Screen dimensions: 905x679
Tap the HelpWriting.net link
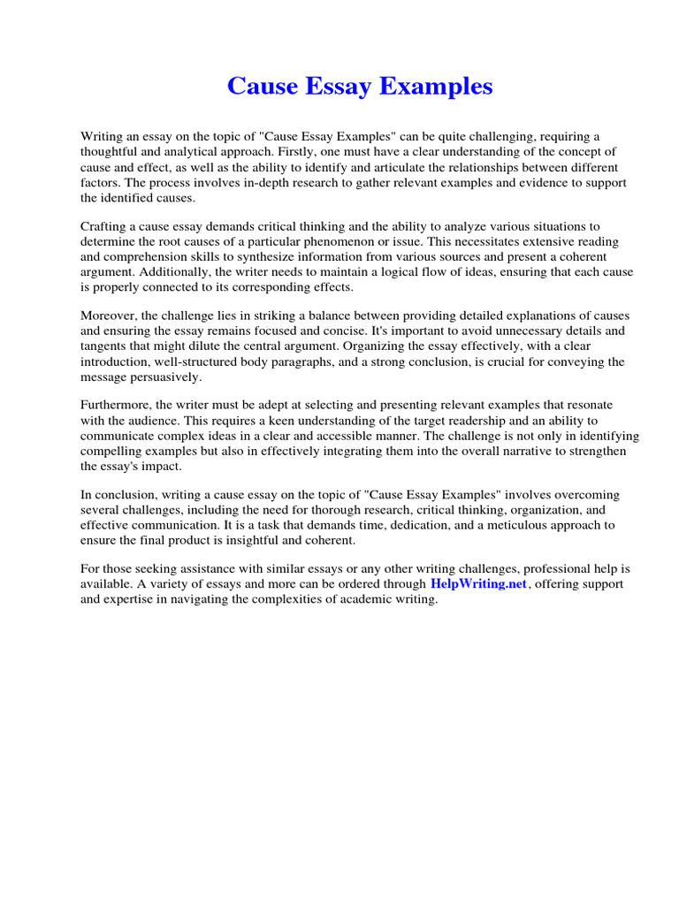[x=478, y=584]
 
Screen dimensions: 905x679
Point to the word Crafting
[x=106, y=226]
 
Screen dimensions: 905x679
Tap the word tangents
[x=105, y=346]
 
